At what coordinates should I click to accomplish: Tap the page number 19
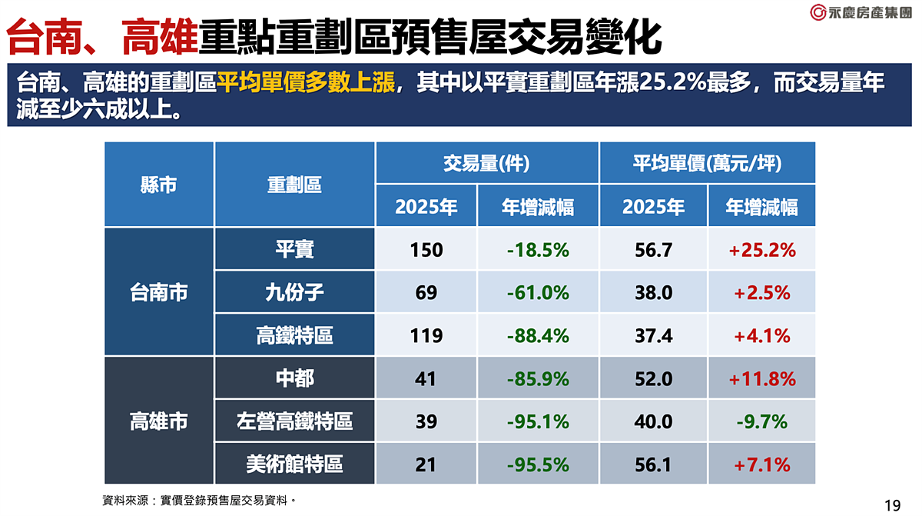point(892,505)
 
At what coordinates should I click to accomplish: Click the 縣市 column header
point(158,185)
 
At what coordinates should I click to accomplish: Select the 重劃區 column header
point(294,185)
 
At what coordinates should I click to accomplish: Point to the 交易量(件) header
point(486,163)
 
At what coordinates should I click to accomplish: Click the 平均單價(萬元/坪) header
point(707,163)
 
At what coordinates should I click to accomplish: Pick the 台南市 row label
point(158,292)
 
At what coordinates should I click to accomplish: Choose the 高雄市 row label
point(158,421)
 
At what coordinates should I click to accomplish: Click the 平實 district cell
point(294,249)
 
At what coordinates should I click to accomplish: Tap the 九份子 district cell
point(294,292)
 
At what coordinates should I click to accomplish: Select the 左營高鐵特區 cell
point(294,421)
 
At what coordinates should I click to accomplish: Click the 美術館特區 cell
point(294,464)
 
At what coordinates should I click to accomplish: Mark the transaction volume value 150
point(426,250)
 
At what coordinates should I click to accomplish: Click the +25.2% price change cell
point(761,250)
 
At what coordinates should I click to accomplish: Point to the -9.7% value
point(761,422)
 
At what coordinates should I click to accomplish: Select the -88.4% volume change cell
point(538,336)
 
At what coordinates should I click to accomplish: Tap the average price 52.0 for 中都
point(654,379)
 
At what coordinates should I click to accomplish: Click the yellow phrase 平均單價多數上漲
point(306,82)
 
